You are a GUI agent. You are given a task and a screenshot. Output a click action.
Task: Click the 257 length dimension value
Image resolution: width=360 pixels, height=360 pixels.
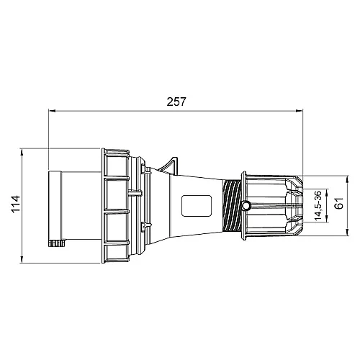[175, 102]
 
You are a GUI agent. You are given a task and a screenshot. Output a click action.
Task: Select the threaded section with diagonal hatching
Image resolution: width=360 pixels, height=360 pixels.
[233, 207]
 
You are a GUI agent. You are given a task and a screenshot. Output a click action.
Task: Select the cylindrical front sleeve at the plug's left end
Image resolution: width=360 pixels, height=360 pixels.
[65, 206]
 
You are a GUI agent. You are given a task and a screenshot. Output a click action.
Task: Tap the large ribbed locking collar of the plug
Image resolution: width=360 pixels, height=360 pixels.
[118, 206]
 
